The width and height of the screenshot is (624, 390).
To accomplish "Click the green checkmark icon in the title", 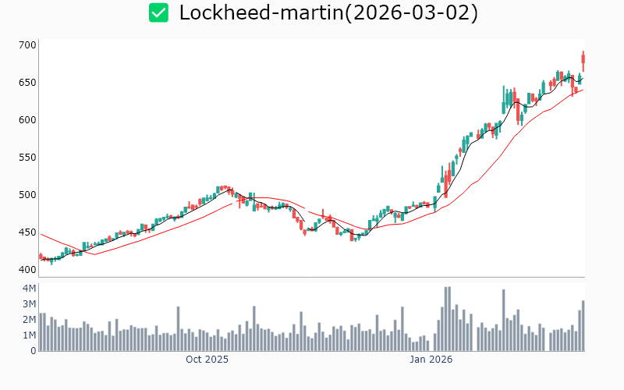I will point(159,12).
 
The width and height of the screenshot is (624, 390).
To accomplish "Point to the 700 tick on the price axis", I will point(27,45).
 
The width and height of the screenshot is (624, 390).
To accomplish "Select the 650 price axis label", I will point(27,83).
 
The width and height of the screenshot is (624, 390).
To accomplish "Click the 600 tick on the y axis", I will point(27,120).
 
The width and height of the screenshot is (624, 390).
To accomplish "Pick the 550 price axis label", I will point(27,158).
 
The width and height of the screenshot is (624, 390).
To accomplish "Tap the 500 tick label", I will point(27,195).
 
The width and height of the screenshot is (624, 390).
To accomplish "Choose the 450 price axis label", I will point(27,232).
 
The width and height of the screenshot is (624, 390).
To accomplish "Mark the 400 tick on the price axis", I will point(27,270).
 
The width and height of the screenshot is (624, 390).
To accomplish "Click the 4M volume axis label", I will point(29,289).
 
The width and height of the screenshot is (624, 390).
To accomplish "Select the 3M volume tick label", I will point(29,304).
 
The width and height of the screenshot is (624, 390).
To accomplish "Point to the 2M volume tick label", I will point(29,320).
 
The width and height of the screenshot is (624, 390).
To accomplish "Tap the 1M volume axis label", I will point(29,335).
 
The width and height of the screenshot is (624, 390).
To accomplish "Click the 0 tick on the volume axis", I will point(33,351).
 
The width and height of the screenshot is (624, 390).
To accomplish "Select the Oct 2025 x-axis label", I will point(207,360).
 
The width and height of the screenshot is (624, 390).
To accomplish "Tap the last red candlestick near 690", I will point(583,60).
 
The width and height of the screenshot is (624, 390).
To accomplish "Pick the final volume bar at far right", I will point(583,326).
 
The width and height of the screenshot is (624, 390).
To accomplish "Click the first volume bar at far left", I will point(41,332).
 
